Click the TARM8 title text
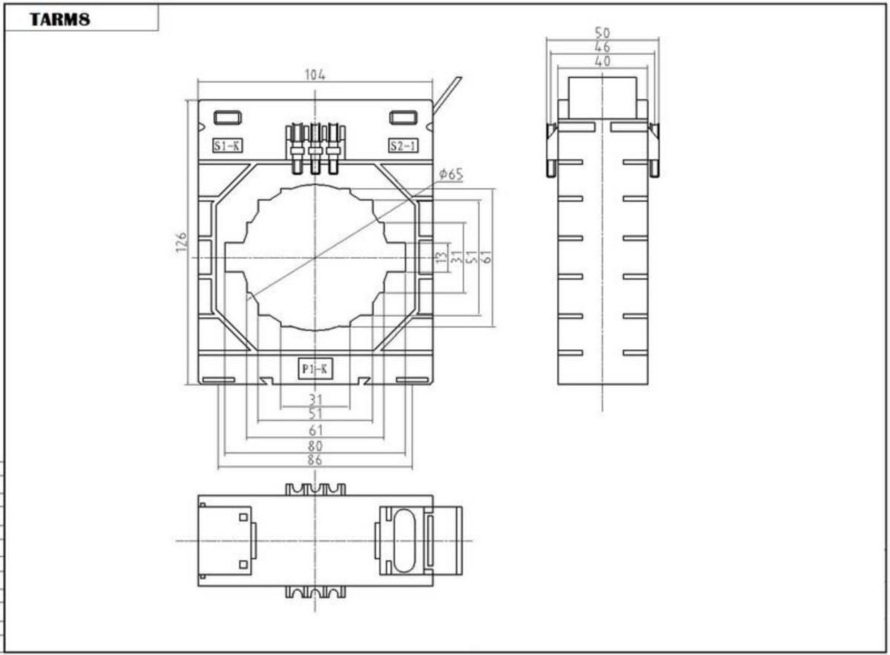click(60, 19)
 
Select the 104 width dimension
click(314, 74)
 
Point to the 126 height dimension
click(181, 242)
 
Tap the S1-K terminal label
click(227, 146)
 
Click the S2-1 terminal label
click(403, 146)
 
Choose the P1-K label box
click(315, 368)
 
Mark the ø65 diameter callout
click(451, 175)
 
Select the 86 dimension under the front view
click(314, 460)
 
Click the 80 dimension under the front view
click(314, 446)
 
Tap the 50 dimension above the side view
click(602, 33)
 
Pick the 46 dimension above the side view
click(602, 47)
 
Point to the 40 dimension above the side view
click(602, 62)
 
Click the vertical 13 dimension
click(441, 257)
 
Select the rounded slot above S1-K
click(228, 118)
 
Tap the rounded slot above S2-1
click(403, 118)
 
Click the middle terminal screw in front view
click(315, 149)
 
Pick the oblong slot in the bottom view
click(403, 540)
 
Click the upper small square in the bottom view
click(243, 518)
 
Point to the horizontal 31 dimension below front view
click(315, 399)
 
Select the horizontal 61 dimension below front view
click(315, 431)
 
